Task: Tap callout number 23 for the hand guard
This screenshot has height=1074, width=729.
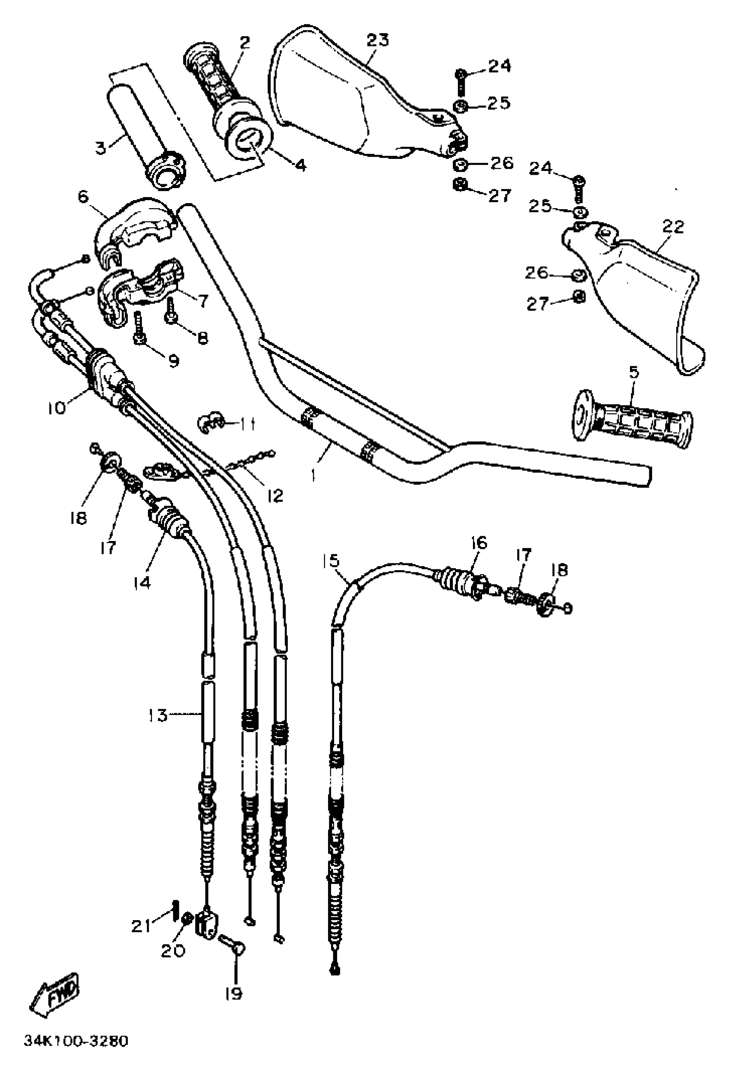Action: (x=377, y=41)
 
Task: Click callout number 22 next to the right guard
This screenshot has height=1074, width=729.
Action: (x=673, y=227)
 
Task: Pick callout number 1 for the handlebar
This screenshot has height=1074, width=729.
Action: (x=314, y=475)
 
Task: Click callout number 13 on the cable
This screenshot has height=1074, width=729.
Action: (x=158, y=716)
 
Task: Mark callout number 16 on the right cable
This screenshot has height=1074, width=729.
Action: (x=479, y=542)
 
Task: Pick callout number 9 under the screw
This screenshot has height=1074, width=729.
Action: (x=174, y=360)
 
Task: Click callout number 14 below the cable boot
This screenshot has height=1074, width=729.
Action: (x=142, y=583)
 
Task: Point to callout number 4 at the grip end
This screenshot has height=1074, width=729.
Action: (x=301, y=165)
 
